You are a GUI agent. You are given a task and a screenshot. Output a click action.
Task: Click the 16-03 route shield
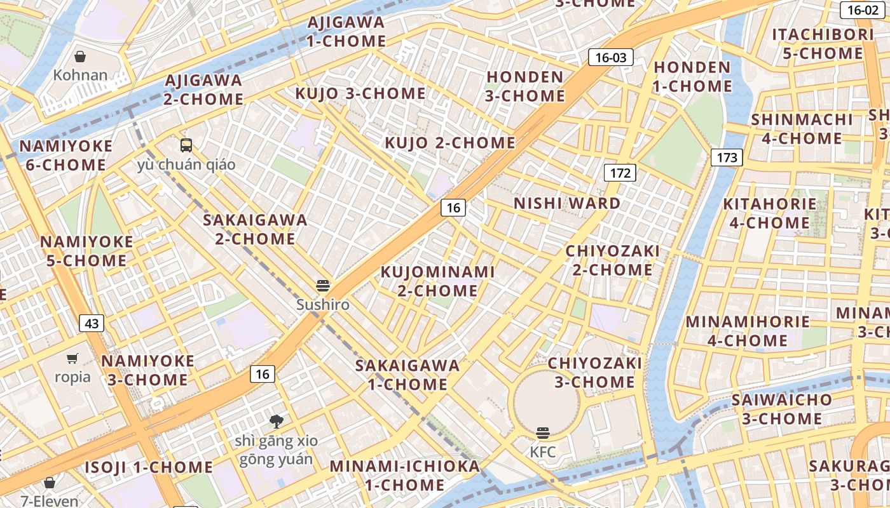611,58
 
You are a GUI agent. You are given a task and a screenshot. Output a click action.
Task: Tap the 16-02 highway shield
863,10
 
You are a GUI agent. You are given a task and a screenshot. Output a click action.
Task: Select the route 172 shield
620,173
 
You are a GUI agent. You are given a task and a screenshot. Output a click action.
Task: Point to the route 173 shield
727,157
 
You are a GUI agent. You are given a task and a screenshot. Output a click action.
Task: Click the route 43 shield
92,324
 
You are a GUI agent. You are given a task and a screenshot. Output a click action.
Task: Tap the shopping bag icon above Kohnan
80,57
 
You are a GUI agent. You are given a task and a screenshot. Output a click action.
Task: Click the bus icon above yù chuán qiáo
186,145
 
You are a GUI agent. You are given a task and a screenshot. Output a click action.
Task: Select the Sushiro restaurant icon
323,286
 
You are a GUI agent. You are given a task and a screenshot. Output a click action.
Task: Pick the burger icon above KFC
543,433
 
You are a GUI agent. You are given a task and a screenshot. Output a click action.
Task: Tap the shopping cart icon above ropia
72,358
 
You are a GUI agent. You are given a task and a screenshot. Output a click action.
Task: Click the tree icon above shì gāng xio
276,420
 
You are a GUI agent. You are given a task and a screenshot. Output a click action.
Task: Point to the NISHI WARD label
567,203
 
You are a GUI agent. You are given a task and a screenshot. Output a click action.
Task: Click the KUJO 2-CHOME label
450,143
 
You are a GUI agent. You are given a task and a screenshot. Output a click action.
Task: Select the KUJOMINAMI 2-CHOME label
437,281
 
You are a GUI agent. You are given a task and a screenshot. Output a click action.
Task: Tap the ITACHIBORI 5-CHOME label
823,44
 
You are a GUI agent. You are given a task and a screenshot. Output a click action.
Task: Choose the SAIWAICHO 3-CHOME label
781,409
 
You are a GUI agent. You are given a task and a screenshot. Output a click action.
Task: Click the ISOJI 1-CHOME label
149,467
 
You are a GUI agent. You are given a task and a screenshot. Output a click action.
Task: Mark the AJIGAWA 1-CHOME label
346,32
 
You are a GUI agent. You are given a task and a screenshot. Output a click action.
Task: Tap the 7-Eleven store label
50,501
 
